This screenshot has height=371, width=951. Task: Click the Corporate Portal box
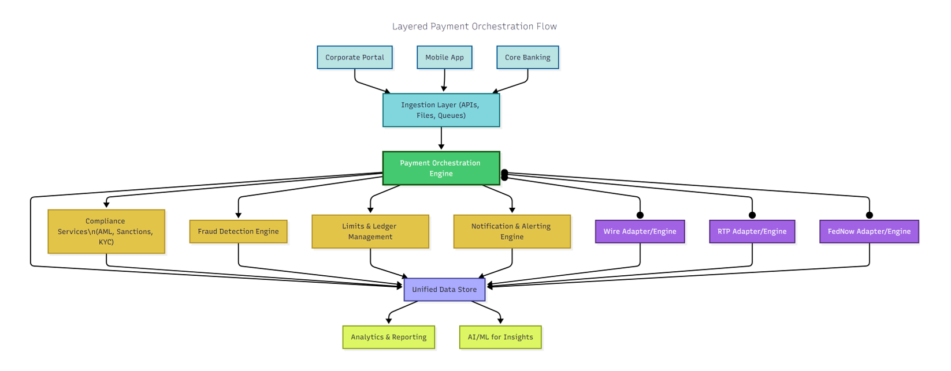(354, 58)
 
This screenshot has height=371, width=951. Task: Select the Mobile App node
(444, 58)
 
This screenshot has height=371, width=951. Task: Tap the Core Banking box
(527, 58)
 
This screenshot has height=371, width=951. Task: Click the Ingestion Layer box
(441, 110)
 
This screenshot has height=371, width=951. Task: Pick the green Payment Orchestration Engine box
(441, 168)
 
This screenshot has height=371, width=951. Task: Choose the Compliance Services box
(106, 231)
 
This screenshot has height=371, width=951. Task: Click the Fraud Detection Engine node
(238, 231)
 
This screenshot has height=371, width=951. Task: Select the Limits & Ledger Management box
(370, 231)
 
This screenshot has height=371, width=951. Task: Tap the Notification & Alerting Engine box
(512, 231)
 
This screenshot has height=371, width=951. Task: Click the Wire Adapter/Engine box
(640, 231)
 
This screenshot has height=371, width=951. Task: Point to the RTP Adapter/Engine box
(752, 231)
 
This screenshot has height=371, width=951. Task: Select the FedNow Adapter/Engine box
(869, 231)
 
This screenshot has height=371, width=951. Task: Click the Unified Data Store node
(444, 290)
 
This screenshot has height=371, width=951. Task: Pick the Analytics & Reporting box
(388, 338)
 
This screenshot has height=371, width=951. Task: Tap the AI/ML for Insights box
(500, 338)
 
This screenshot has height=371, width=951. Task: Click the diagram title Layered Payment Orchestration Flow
(474, 27)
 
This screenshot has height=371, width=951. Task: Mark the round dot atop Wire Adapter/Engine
(640, 215)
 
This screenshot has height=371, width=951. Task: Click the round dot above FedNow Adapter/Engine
(870, 215)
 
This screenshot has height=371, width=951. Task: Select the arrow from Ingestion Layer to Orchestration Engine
(441, 138)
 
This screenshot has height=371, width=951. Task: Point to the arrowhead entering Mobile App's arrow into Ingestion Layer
(444, 89)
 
